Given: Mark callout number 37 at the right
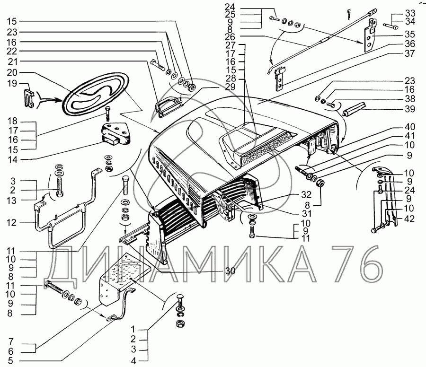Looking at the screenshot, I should click(410, 53).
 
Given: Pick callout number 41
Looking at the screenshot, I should click(410, 136).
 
